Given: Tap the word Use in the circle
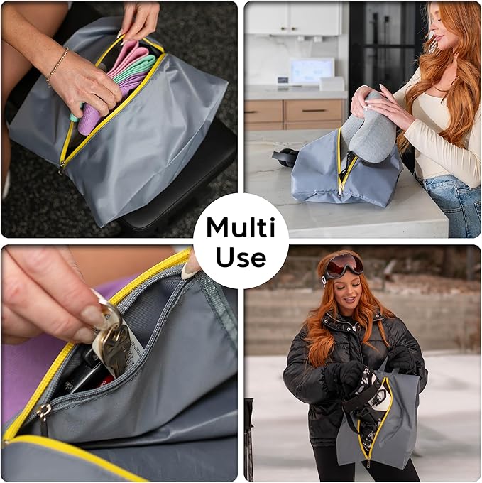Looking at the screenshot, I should pos(241,256).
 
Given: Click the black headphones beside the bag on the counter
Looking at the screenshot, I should pos(283,157).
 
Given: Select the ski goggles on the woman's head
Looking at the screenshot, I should pos(344,266).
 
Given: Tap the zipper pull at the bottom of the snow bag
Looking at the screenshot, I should pos(367,462).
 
